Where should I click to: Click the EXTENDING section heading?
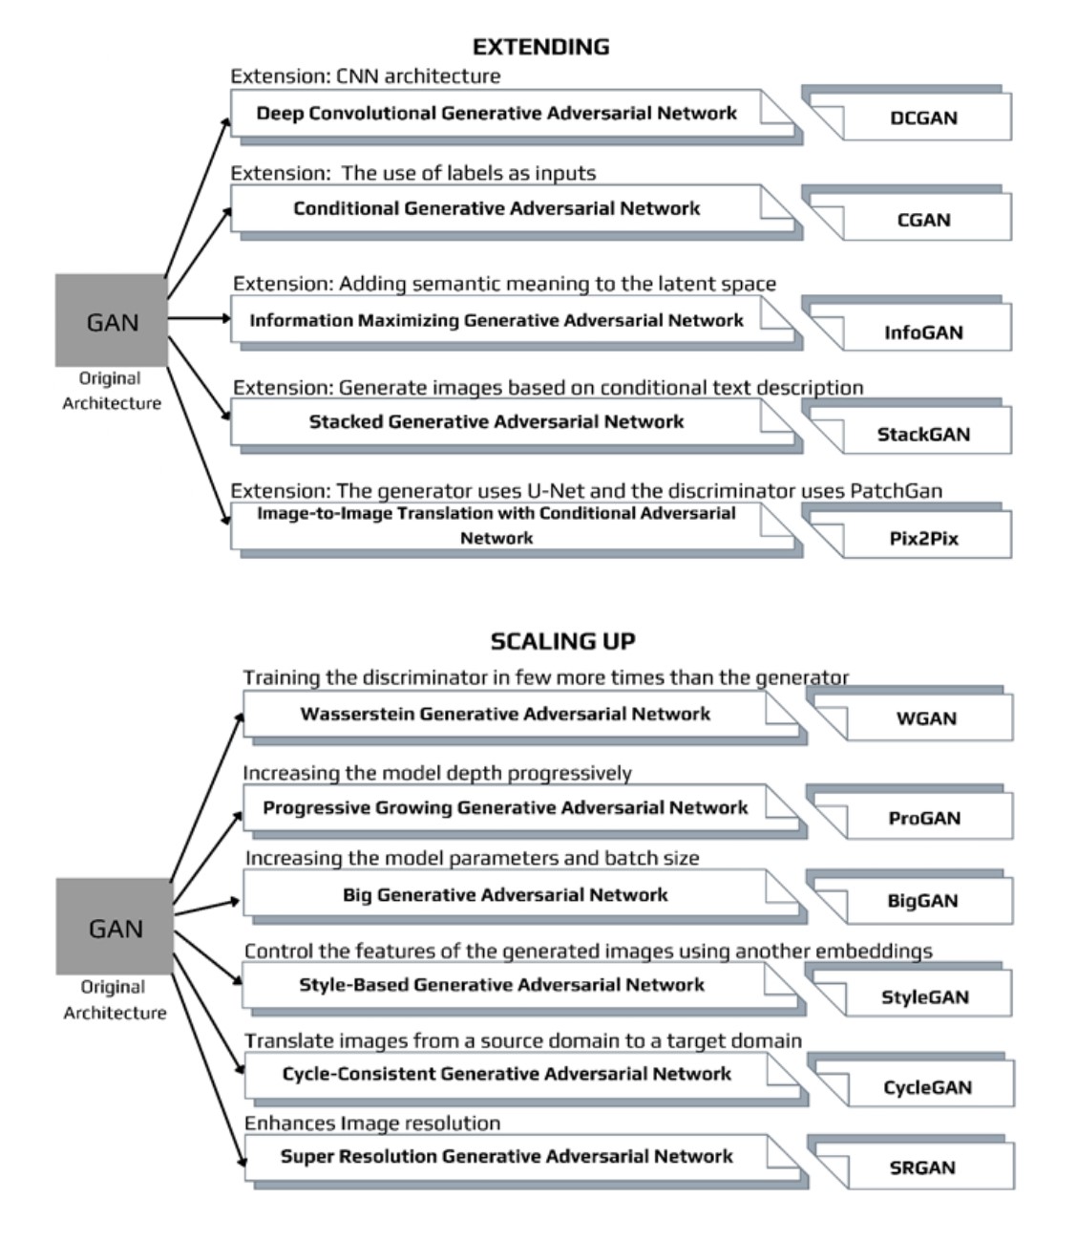click(540, 47)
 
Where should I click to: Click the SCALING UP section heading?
click(562, 641)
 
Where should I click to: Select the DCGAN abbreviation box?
click(922, 118)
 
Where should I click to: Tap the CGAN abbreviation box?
click(922, 220)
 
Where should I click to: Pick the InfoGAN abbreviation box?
click(922, 332)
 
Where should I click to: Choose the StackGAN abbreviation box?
click(922, 435)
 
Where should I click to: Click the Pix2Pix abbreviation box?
click(922, 538)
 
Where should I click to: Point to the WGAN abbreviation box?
click(925, 718)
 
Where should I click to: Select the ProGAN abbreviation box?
click(923, 818)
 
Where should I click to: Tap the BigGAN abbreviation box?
click(921, 901)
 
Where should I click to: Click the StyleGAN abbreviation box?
click(923, 997)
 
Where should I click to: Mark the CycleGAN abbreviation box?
click(926, 1087)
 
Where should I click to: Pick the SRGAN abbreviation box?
click(921, 1167)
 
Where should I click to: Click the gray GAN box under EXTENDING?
click(112, 321)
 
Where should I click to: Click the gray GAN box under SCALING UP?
click(115, 928)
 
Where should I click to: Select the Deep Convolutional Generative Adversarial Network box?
click(496, 114)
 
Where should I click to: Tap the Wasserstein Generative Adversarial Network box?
click(505, 714)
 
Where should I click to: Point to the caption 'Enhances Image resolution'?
click(372, 1123)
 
